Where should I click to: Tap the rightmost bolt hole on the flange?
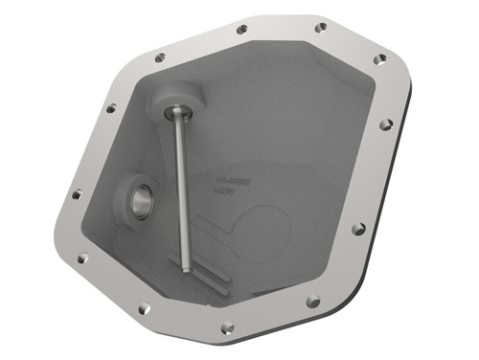386,124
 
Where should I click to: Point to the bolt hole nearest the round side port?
76,194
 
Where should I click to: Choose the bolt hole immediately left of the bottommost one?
144,308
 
